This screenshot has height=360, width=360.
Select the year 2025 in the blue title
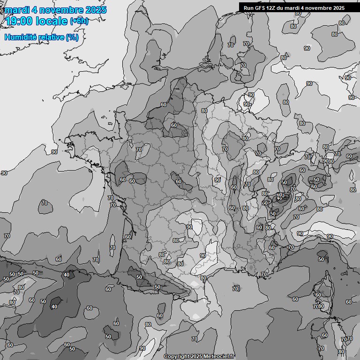tap(95, 10)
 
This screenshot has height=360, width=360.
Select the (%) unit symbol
tap(73, 37)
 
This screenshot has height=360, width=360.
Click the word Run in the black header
tap(248, 7)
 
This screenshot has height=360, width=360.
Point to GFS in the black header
tap(260, 7)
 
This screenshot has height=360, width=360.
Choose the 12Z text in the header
tap(272, 7)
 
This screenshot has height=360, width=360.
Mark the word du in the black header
tap(283, 7)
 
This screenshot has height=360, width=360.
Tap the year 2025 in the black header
tap(338, 7)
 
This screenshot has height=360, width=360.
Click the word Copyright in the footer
tap(176, 356)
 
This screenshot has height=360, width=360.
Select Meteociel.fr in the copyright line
tap(219, 356)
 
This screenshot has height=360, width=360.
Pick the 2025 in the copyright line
tap(196, 356)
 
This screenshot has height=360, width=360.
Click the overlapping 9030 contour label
tap(328, 161)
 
